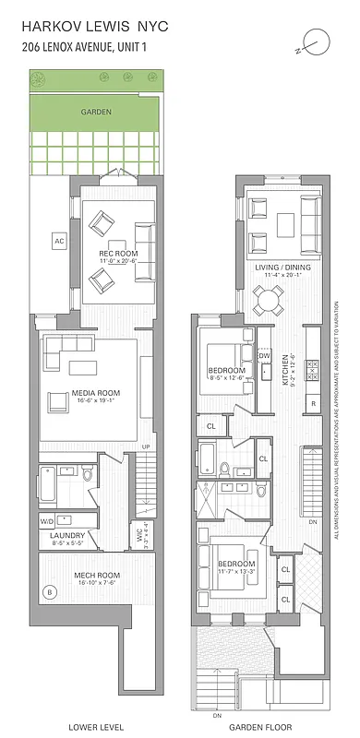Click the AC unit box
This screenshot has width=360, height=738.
point(56,241)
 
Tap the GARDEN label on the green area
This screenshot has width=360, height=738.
point(96,112)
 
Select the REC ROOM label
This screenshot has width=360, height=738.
point(117,253)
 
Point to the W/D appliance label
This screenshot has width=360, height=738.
point(47,521)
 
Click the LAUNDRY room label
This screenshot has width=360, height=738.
point(67,535)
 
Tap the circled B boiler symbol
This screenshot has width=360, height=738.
point(49,591)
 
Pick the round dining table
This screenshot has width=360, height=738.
point(271,296)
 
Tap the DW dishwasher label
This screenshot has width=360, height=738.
point(264,355)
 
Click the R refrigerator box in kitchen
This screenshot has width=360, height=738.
point(313,404)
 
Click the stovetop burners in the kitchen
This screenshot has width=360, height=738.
point(312,369)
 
